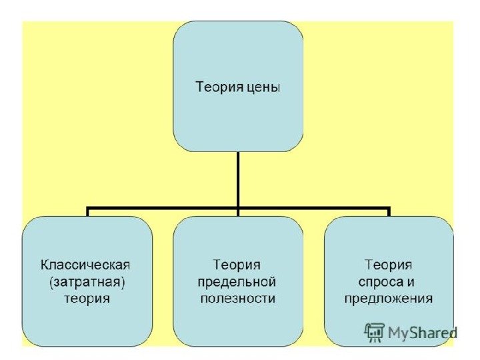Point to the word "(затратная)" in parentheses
(87, 282)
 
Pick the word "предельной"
(238, 282)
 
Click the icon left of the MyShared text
(375, 331)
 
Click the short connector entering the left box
(87, 213)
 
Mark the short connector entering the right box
(389, 213)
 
